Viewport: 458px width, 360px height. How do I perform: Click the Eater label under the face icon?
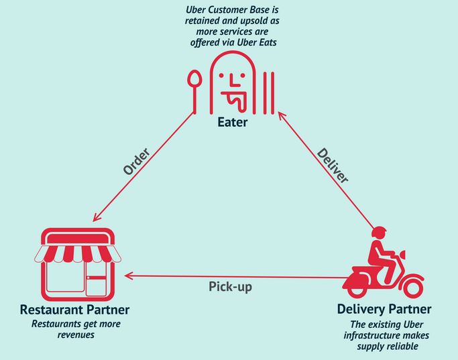click(x=232, y=123)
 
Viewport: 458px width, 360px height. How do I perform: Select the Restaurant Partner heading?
click(x=74, y=310)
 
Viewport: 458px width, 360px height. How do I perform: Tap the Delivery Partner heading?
click(x=384, y=310)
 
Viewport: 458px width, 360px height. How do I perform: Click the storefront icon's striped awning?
click(x=77, y=253)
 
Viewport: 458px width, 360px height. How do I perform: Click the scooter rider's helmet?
click(x=379, y=233)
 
